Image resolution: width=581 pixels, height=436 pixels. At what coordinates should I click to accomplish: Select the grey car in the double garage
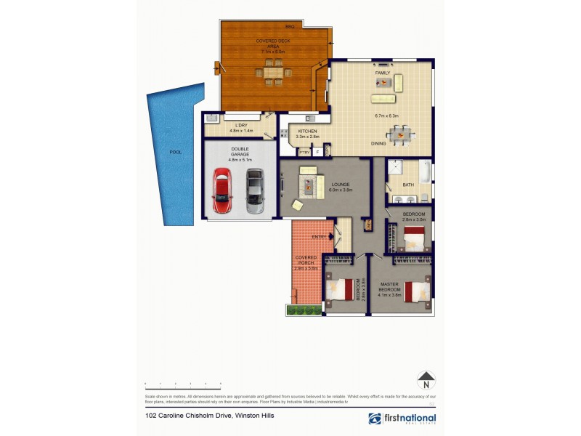tap(254, 190)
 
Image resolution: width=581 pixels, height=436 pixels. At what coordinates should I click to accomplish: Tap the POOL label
tap(175, 153)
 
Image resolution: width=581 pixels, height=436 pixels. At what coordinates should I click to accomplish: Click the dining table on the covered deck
tap(274, 72)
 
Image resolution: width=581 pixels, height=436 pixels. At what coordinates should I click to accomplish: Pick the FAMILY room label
tap(383, 73)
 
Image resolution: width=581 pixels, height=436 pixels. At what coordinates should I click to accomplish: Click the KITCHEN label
tap(306, 132)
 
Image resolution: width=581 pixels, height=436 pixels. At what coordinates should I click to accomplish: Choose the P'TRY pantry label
tap(304, 152)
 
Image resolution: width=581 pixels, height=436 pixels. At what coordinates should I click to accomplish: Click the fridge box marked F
tap(317, 152)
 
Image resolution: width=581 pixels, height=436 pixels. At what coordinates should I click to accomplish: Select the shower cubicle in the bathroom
tap(396, 168)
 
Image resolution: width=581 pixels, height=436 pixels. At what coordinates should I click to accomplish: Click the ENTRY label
tap(319, 237)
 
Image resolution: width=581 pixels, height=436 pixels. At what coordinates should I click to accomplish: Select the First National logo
tap(402, 419)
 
